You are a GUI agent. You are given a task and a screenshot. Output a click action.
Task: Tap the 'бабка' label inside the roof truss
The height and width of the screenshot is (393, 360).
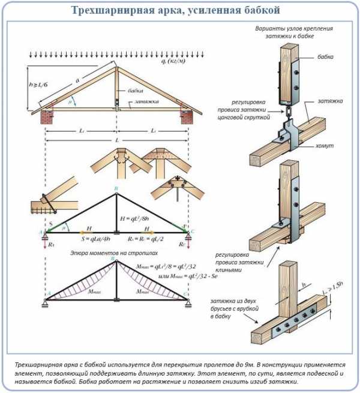136,92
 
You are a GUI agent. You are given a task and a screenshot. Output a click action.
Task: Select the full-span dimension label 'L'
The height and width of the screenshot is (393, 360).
116,140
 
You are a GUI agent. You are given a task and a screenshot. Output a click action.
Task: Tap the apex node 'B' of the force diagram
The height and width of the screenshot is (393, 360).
116,189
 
